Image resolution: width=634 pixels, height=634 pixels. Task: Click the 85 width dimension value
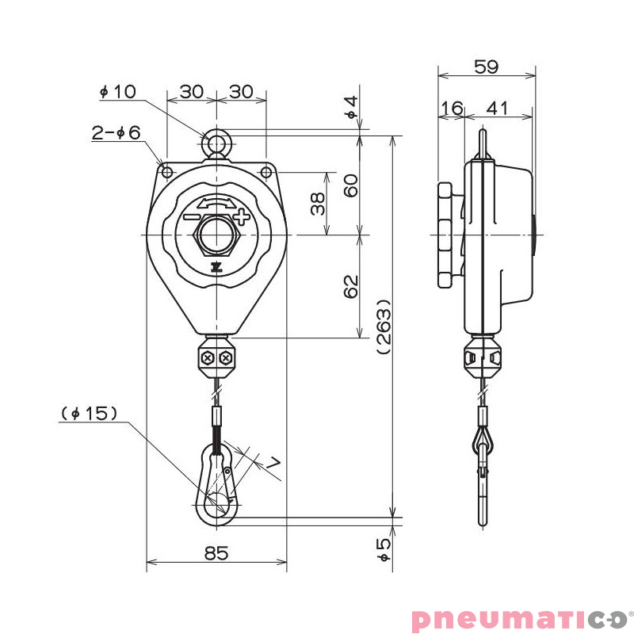click(x=216, y=553)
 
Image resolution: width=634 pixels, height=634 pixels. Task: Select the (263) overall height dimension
click(x=384, y=326)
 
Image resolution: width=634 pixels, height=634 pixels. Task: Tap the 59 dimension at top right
click(x=486, y=67)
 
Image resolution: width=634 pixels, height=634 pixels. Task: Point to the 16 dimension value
click(x=452, y=108)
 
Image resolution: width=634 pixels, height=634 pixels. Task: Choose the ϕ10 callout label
click(x=117, y=92)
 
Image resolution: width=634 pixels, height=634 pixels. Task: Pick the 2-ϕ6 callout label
click(x=116, y=133)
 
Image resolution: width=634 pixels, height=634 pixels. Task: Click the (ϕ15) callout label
click(x=89, y=413)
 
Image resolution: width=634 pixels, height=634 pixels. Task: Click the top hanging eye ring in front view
click(x=216, y=143)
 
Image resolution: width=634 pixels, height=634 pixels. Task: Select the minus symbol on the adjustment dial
click(x=192, y=217)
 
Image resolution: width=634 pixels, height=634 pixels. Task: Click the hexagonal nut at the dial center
click(x=216, y=235)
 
